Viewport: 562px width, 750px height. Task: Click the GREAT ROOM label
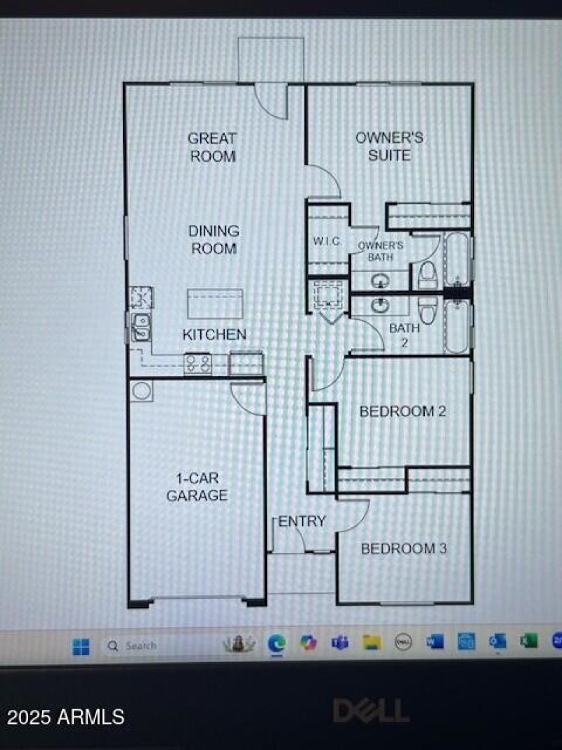click(212, 147)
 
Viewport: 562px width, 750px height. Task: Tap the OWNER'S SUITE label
click(389, 146)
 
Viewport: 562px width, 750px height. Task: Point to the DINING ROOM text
click(214, 239)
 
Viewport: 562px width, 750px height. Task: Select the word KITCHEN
click(214, 335)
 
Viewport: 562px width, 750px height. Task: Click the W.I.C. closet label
click(327, 242)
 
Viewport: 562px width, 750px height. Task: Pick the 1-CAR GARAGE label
click(197, 486)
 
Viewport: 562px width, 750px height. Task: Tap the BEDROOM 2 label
click(403, 411)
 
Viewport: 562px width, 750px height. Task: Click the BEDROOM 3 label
click(403, 548)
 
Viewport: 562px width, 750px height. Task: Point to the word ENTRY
click(302, 521)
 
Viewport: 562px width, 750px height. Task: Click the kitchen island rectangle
click(215, 304)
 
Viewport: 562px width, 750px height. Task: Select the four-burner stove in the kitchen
click(198, 363)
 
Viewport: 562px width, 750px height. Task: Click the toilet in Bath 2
click(427, 309)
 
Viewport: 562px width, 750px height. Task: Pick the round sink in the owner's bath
click(380, 281)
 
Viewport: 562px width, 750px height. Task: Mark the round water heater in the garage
click(142, 391)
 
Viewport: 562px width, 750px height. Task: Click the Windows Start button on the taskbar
click(81, 645)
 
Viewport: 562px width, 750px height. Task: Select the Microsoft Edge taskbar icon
click(277, 644)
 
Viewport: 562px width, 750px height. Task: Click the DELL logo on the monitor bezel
click(370, 710)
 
